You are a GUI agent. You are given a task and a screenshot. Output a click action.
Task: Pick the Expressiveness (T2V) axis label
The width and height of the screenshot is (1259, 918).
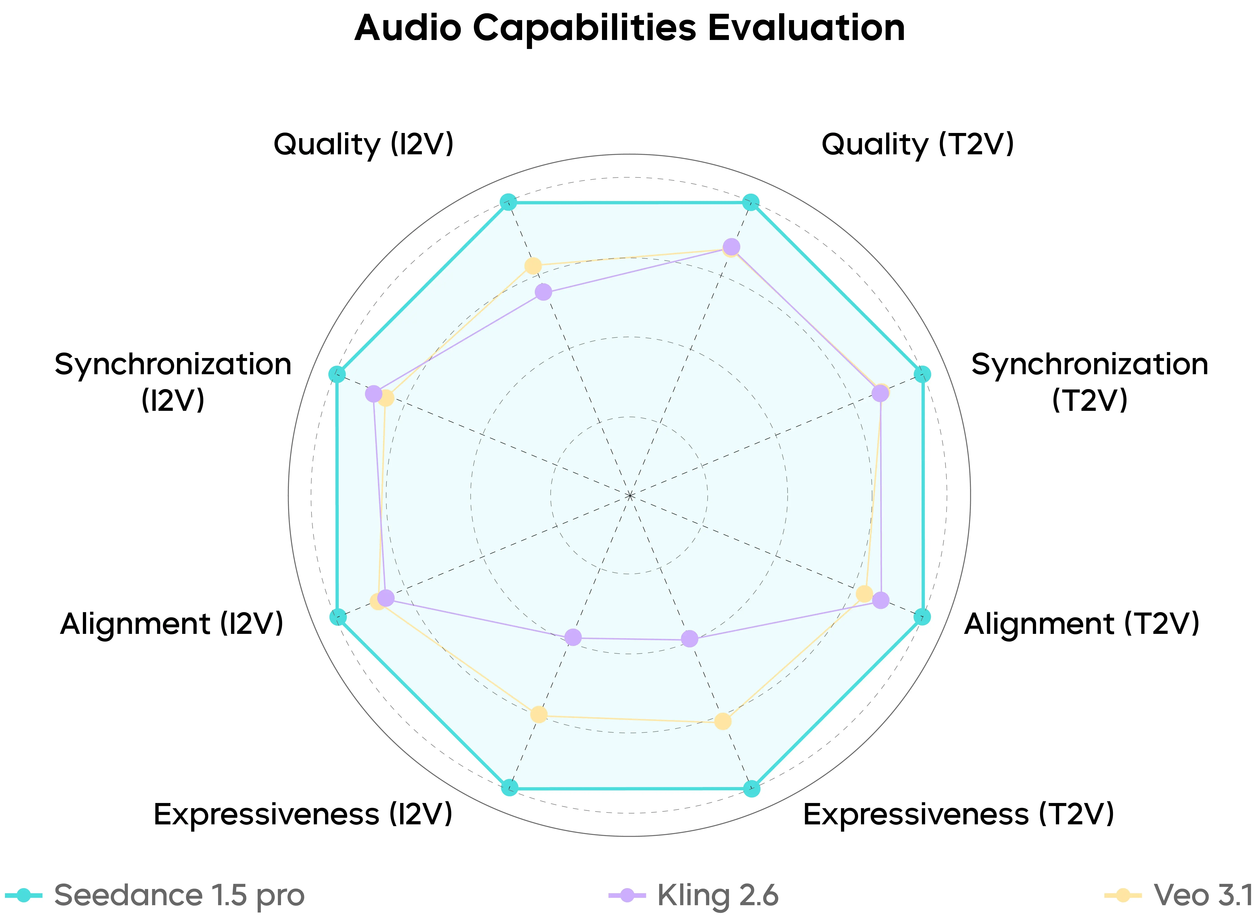(x=958, y=815)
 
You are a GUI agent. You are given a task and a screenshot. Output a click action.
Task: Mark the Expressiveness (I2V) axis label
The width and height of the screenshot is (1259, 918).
(x=303, y=815)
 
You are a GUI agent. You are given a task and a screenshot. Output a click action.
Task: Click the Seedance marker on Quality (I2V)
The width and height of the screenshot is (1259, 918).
(x=508, y=202)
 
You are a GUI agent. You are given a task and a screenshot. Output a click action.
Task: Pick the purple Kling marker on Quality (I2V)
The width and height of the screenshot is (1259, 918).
(x=543, y=292)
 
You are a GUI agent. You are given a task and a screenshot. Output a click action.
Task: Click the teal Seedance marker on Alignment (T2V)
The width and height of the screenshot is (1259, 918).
(x=922, y=616)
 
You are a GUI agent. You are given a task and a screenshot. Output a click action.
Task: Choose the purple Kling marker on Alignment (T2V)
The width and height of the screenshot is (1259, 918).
(x=880, y=599)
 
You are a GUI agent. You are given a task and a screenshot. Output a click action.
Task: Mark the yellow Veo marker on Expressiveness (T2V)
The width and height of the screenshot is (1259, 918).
(x=722, y=721)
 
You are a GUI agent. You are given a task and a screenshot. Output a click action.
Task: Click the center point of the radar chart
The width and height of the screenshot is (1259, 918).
(x=629, y=495)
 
